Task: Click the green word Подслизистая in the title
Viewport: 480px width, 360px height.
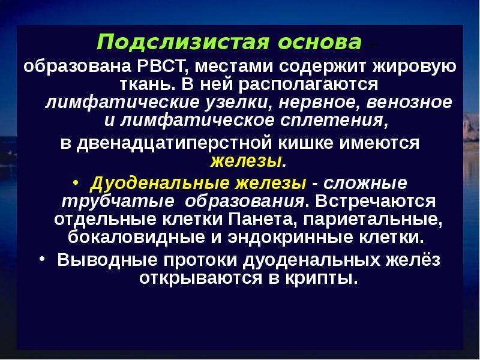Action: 183,42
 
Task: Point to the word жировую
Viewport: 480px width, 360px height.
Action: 414,67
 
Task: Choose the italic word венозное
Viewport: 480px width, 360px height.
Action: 409,103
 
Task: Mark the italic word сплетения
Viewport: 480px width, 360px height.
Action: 335,121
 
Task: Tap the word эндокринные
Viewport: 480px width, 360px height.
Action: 290,237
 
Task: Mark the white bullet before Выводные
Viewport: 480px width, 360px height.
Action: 43,259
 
